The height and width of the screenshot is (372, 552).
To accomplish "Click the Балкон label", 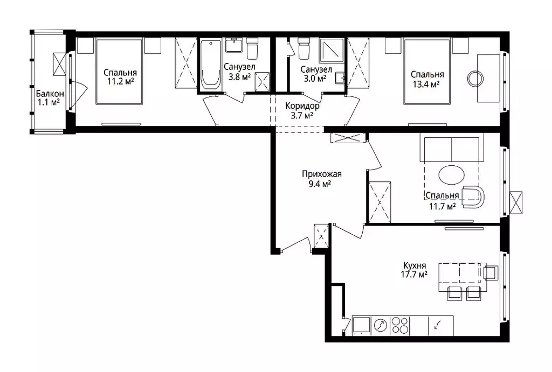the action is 50,94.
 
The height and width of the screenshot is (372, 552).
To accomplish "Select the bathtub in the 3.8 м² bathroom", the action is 211,65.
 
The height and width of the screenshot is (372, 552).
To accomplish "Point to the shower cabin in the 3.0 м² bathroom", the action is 332,51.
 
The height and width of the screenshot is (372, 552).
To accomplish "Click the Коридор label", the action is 302,106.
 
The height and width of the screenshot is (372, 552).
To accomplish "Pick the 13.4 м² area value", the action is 427,84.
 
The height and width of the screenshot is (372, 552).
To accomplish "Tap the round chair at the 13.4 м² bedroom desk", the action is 475,79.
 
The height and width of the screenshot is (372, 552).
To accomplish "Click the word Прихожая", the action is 322,174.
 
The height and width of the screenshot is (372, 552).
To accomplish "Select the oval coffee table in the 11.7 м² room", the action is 452,174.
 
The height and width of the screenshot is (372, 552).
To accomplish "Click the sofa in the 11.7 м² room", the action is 452,148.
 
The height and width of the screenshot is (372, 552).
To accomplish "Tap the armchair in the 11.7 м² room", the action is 473,197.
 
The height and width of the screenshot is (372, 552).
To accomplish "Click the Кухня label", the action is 415,265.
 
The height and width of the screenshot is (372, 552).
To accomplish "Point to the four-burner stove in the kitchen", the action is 400,325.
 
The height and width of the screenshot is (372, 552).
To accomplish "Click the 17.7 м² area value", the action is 415,274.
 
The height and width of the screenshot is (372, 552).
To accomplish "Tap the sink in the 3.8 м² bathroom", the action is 233,45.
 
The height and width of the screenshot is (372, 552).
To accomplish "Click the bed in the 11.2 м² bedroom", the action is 119,72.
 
